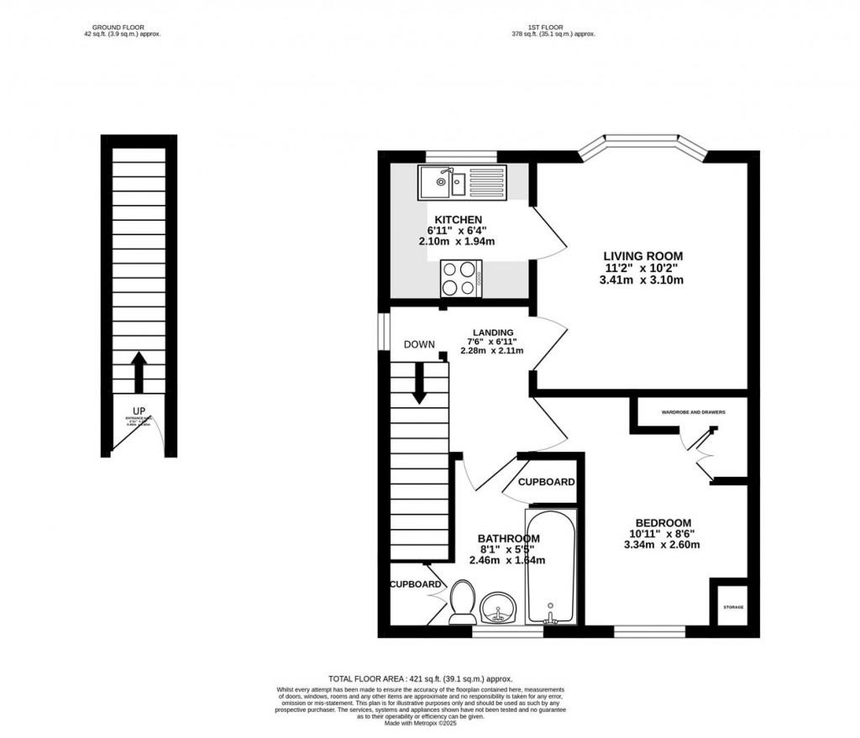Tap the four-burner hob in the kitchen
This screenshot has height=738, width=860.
coord(461,279)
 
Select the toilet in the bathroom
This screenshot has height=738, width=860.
coord(462,604)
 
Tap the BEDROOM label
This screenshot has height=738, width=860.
coord(663,521)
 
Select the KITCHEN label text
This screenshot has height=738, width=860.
coord(458,220)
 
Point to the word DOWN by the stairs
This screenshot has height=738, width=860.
coord(418,345)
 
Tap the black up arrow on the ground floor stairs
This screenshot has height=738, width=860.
coord(139,372)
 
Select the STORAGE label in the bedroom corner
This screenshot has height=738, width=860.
coord(734,607)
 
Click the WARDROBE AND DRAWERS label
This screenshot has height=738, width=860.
coord(693,412)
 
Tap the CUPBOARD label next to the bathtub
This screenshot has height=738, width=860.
coord(546,482)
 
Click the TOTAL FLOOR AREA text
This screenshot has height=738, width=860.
coord(420,678)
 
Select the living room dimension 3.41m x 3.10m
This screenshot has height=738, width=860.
coord(642,280)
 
